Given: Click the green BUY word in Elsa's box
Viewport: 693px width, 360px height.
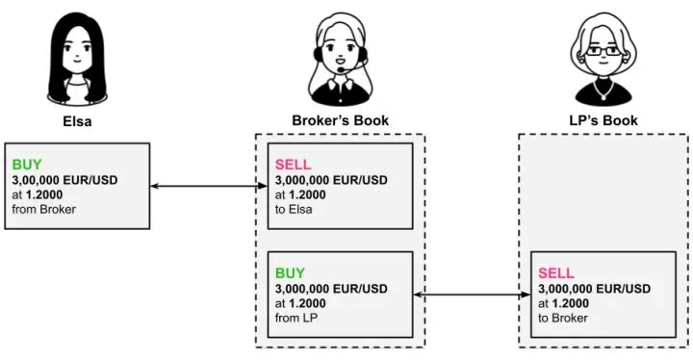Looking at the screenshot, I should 27,165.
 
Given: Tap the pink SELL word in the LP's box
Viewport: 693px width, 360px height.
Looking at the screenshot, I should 557,272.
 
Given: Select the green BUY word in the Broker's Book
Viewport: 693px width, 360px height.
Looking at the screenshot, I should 292,272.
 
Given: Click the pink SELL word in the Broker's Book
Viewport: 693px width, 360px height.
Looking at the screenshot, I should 294,165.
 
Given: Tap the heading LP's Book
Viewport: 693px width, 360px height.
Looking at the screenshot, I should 603,120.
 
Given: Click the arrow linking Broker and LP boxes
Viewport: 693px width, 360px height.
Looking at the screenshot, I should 472,295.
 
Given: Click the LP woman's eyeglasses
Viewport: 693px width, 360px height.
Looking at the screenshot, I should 604,51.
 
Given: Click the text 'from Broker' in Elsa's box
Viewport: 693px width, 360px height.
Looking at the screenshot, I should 43,209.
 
